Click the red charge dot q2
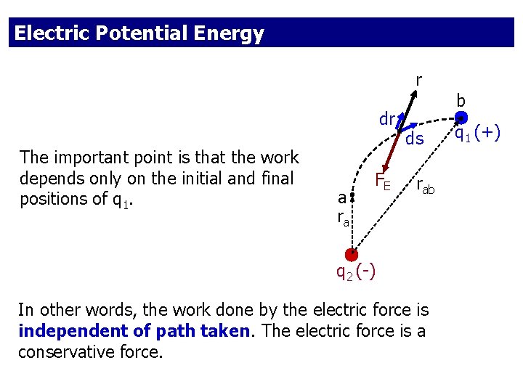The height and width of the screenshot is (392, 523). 351,254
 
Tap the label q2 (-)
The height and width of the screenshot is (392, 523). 355,272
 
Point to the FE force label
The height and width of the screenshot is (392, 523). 383,181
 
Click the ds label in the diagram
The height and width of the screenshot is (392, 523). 415,139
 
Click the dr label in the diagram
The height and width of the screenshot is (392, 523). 386,118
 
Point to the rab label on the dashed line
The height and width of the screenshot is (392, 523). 426,187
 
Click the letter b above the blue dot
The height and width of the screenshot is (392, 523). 461,100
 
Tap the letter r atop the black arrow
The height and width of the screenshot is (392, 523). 419,78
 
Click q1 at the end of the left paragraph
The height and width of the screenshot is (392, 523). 120,200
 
